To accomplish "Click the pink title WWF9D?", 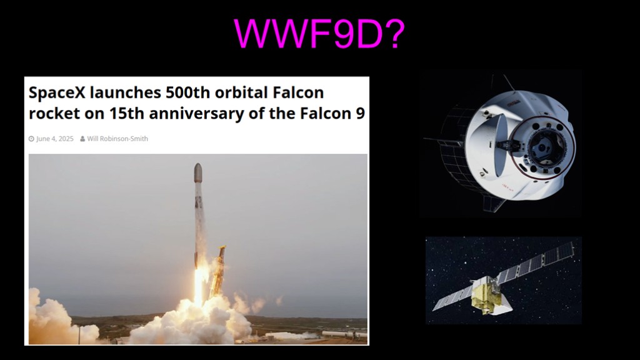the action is point(319,34).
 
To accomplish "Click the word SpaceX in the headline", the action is point(57,92).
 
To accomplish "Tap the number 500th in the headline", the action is point(187,92).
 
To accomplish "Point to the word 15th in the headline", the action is point(126,114).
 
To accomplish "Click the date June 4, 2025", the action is point(55,139).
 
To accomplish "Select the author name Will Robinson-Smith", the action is point(117,139).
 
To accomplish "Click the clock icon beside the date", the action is point(31,139).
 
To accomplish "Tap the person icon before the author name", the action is point(82,139).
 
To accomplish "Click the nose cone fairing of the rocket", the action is point(198,173).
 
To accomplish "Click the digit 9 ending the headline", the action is point(360,114).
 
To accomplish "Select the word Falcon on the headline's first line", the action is point(298,92).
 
